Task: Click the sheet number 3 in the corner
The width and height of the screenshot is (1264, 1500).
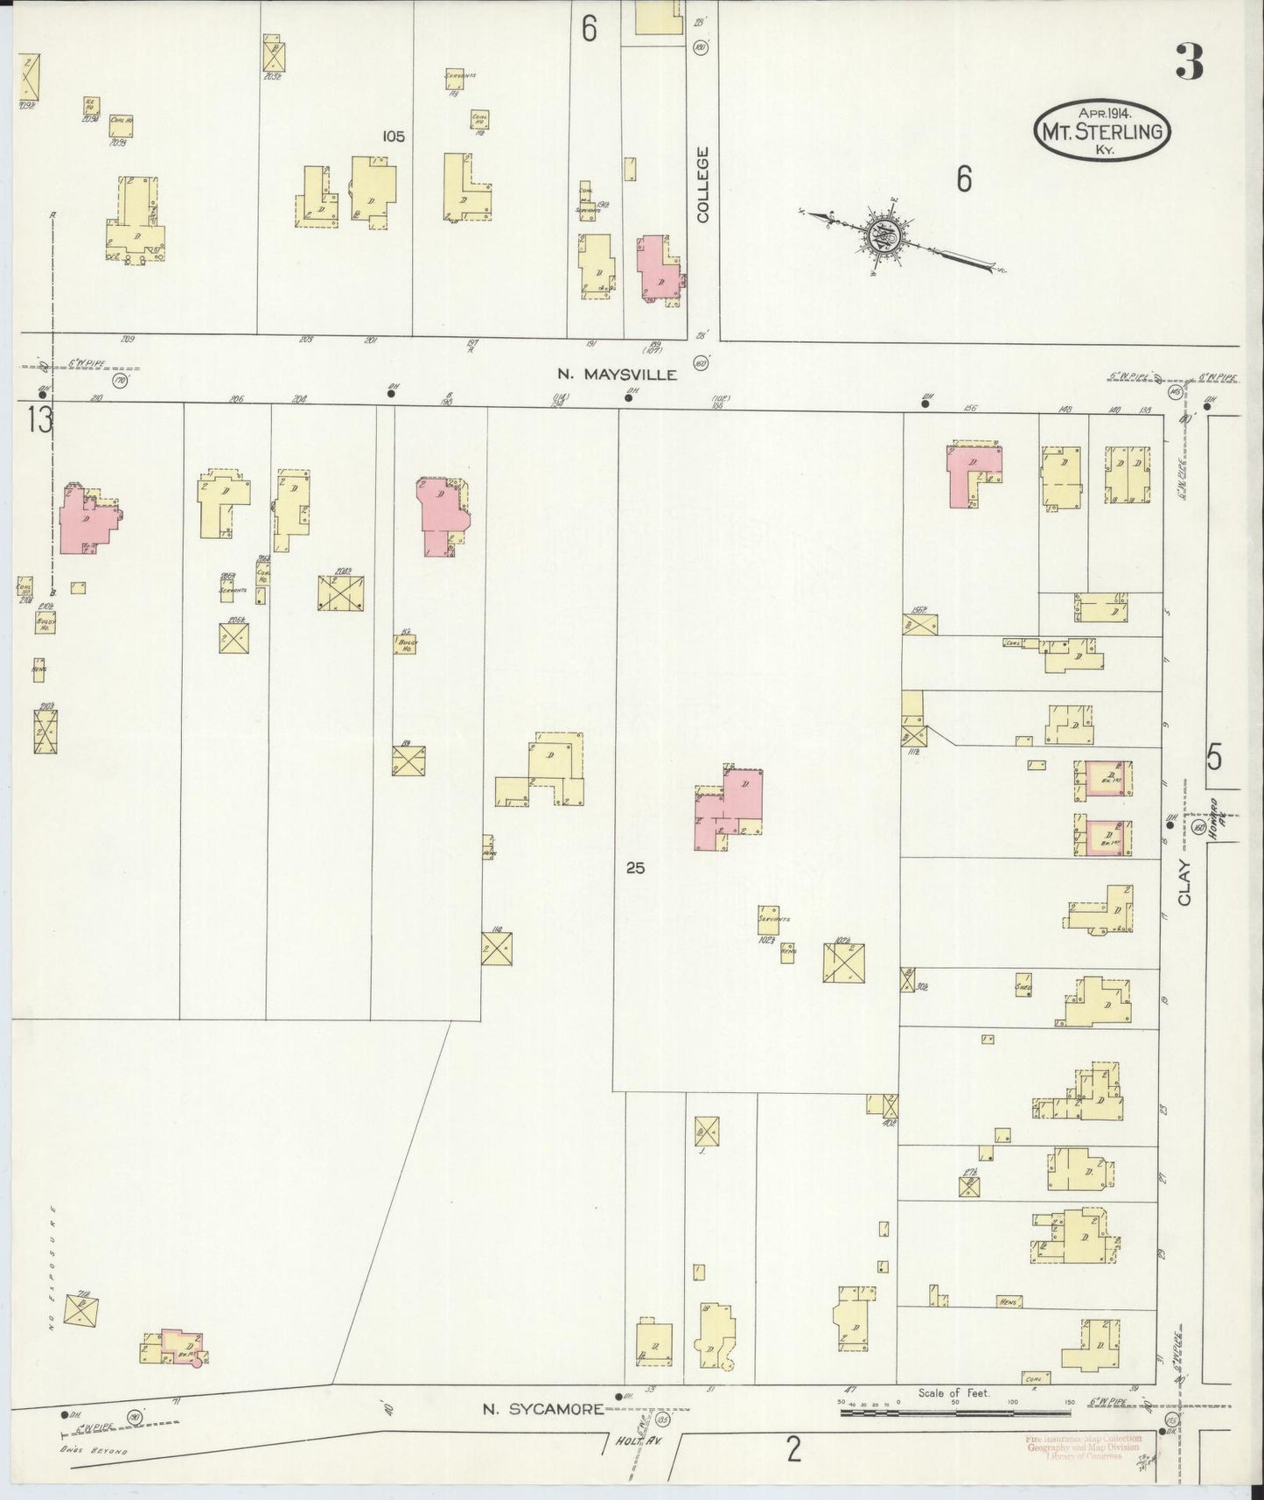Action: point(1189,62)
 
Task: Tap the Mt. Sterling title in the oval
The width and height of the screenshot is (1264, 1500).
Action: point(1102,131)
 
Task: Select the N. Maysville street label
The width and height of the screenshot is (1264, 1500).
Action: point(618,375)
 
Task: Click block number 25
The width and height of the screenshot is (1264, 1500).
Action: point(635,868)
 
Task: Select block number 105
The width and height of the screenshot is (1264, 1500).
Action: point(394,137)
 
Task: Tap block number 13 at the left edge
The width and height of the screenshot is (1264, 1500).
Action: point(38,421)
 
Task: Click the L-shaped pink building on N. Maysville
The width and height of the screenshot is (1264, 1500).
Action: point(973,473)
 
